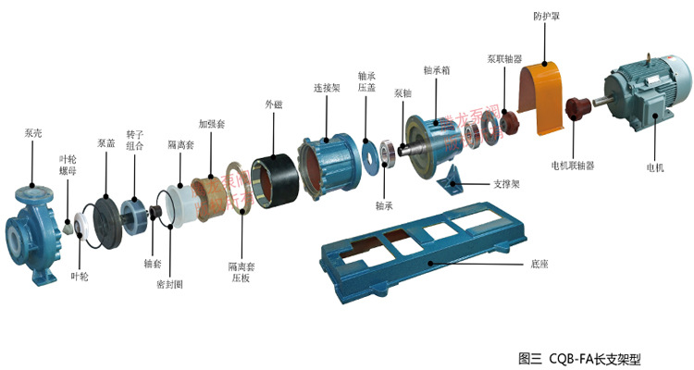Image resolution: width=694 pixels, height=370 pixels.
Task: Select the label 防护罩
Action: [x=545, y=16]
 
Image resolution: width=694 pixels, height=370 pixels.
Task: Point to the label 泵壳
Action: [x=33, y=133]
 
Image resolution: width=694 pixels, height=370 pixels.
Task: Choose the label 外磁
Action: [x=273, y=105]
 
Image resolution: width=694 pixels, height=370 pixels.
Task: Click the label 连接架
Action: [x=325, y=88]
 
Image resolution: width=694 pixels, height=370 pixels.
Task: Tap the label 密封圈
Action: [x=169, y=284]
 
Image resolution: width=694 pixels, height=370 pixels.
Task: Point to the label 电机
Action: [x=656, y=166]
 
